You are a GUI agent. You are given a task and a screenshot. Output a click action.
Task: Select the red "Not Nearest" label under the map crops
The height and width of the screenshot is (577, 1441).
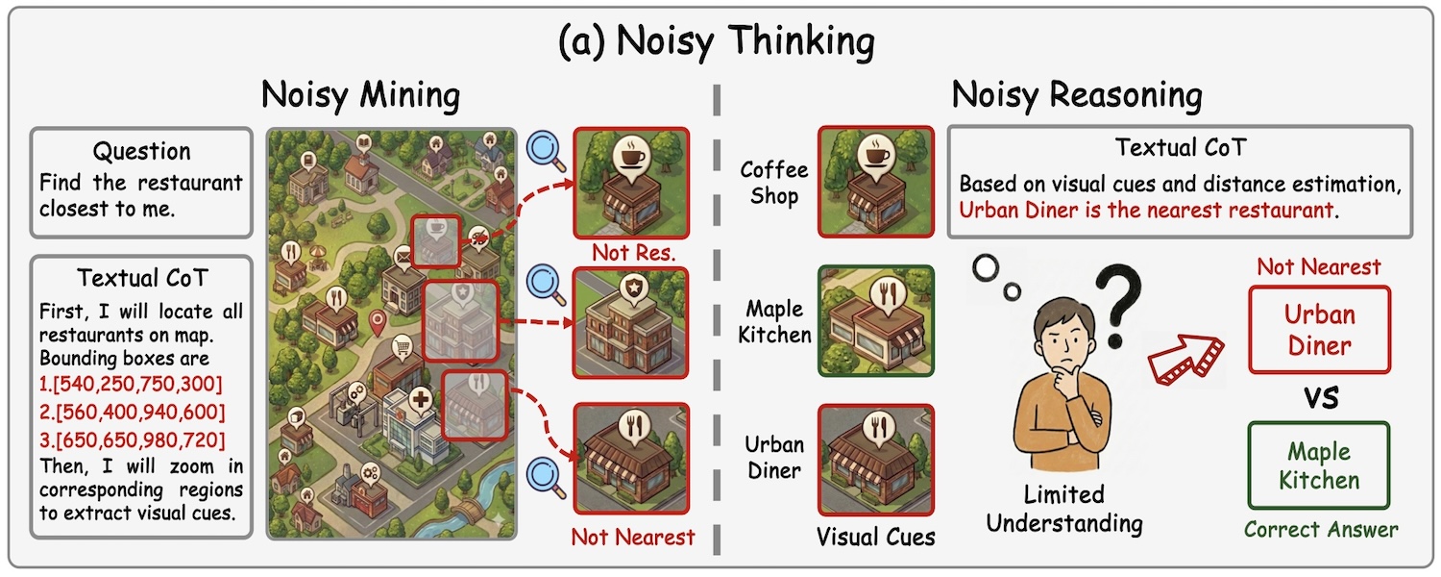(x=632, y=536)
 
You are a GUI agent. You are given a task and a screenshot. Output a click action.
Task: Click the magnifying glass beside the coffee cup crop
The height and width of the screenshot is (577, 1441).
(x=545, y=149)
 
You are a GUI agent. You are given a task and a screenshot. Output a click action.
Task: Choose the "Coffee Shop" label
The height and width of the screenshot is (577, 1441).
(x=773, y=182)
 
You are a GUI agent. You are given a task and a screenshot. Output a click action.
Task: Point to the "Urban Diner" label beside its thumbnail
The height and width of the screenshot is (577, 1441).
(x=773, y=459)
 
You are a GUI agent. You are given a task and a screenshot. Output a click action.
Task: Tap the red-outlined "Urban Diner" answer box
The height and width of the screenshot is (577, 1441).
(x=1319, y=329)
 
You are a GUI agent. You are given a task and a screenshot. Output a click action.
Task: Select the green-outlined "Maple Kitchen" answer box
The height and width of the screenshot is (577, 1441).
(x=1319, y=465)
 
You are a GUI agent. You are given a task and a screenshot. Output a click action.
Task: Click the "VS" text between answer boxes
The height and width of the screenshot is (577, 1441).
(x=1320, y=397)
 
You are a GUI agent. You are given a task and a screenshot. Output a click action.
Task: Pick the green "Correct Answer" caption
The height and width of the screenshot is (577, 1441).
(x=1321, y=529)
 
